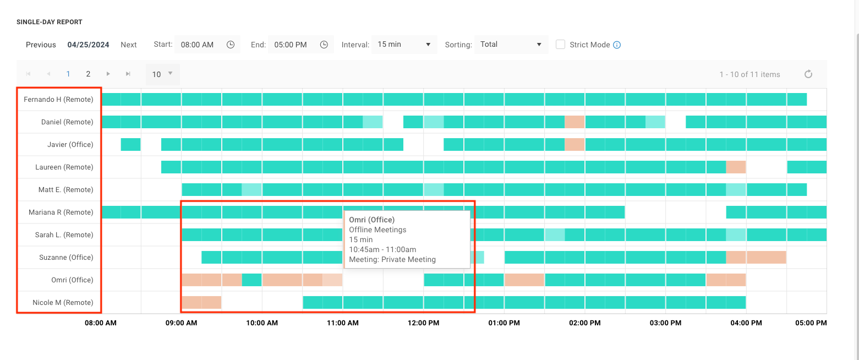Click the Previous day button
click(41, 45)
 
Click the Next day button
click(129, 45)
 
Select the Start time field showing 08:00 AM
click(198, 45)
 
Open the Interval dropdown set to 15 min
click(404, 45)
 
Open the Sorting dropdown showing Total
click(511, 45)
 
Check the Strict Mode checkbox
click(560, 45)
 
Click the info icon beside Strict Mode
click(617, 45)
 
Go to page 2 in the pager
click(88, 74)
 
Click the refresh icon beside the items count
click(808, 74)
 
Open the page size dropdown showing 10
click(162, 74)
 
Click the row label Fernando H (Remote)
click(58, 100)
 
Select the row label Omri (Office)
click(72, 280)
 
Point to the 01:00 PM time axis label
click(504, 323)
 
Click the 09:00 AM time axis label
click(182, 323)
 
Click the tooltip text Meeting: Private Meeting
click(392, 259)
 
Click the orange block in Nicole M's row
click(201, 302)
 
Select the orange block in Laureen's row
click(736, 167)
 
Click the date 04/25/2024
click(88, 45)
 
